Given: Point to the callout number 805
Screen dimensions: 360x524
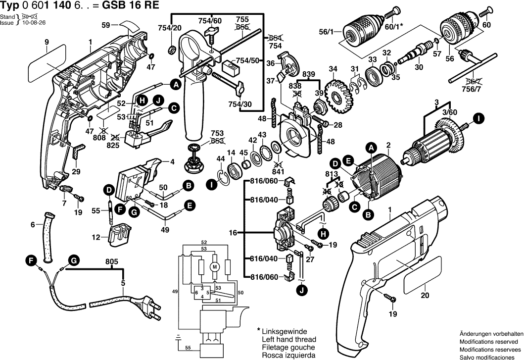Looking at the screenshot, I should click(112, 262).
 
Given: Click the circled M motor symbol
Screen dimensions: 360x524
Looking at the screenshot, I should click(215, 267).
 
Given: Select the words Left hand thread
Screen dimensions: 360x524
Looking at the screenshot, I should click(288, 340).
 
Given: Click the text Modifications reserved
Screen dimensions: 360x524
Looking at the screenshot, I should click(490, 342).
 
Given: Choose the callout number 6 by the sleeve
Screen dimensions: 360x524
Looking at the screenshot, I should click(33, 225).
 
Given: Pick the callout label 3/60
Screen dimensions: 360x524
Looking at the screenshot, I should click(449, 113).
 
